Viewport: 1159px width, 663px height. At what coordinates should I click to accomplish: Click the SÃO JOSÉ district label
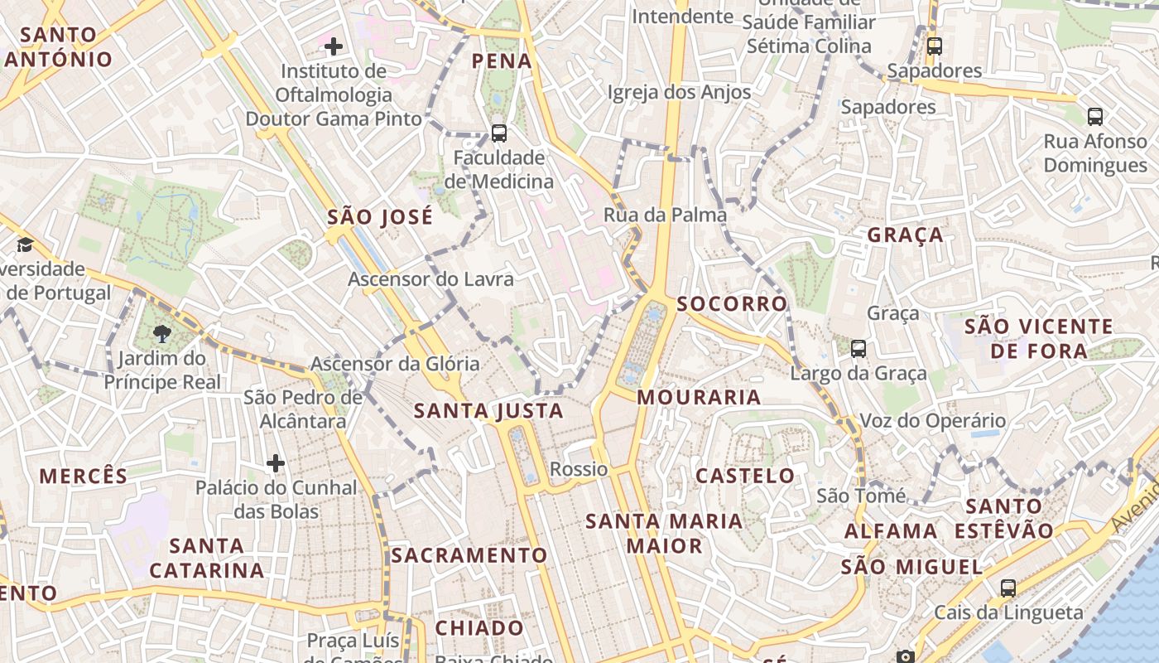pyautogui.click(x=380, y=217)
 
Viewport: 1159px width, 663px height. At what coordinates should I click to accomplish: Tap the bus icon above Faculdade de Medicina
pyautogui.click(x=498, y=133)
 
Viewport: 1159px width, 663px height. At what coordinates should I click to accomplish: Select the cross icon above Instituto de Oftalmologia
pyautogui.click(x=334, y=46)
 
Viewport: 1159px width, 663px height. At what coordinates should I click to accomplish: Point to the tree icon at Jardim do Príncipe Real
pyautogui.click(x=162, y=334)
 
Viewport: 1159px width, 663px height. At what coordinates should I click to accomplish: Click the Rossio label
pyautogui.click(x=579, y=469)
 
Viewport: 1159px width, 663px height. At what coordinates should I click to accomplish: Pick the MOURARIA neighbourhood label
pyautogui.click(x=700, y=398)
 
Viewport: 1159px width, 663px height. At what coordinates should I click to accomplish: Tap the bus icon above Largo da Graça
pyautogui.click(x=858, y=349)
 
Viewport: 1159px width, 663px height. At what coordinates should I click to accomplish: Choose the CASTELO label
pyautogui.click(x=745, y=476)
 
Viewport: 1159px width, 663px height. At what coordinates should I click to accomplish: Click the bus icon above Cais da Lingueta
pyautogui.click(x=1008, y=588)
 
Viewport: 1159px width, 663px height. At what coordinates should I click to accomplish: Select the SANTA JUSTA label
pyautogui.click(x=488, y=410)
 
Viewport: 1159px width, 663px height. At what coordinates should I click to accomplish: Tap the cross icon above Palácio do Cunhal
pyautogui.click(x=276, y=462)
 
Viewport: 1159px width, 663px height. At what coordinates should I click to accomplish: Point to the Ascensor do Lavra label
pyautogui.click(x=430, y=279)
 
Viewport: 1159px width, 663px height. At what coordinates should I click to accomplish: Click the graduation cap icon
pyautogui.click(x=25, y=244)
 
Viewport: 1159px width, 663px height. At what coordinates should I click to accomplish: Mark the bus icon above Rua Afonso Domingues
pyautogui.click(x=1095, y=117)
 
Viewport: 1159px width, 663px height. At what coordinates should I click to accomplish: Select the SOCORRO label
pyautogui.click(x=733, y=303)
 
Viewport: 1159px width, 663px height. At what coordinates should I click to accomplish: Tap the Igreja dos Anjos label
pyautogui.click(x=679, y=92)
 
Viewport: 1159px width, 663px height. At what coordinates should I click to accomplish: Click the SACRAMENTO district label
pyautogui.click(x=469, y=555)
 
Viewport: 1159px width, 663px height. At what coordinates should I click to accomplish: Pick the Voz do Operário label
pyautogui.click(x=933, y=421)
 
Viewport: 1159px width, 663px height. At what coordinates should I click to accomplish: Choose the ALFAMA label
pyautogui.click(x=891, y=531)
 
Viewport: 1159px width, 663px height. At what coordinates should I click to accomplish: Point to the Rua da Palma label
pyautogui.click(x=665, y=215)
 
